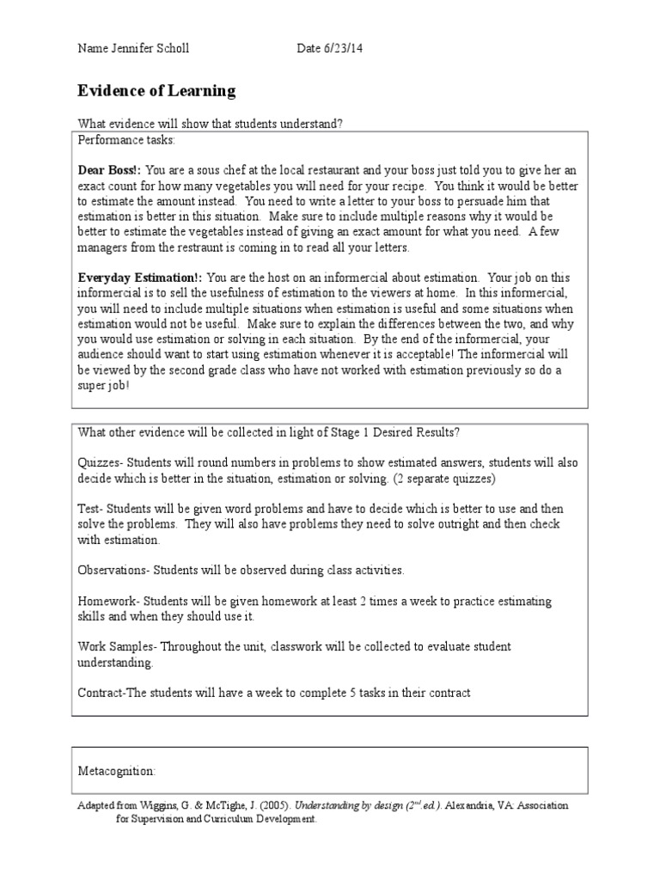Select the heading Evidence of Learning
156,91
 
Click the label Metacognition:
117,771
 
